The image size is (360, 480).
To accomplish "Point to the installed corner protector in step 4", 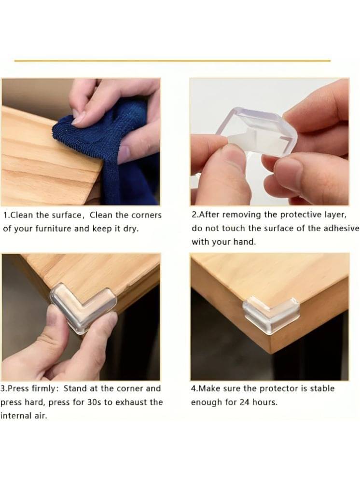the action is click(x=271, y=315).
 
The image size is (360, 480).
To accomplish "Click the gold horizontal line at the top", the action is click(x=172, y=61).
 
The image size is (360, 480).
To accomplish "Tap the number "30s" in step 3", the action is click(x=94, y=402).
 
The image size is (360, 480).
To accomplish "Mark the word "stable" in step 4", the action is click(x=322, y=388).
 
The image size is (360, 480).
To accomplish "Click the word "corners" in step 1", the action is click(x=146, y=215).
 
